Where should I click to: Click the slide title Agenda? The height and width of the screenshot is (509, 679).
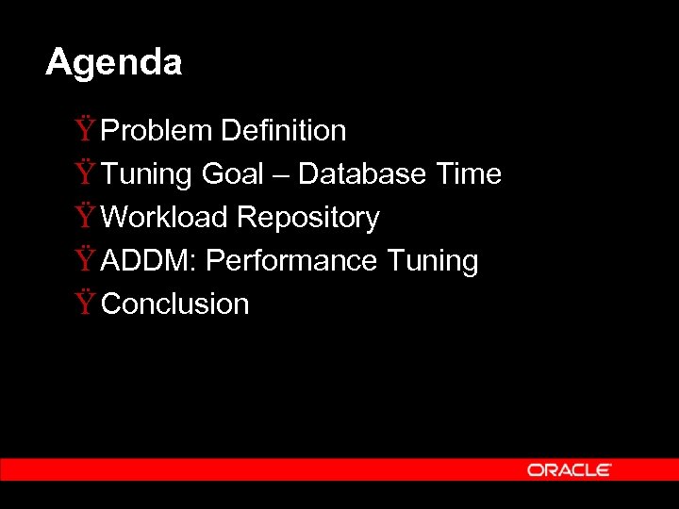click(x=113, y=63)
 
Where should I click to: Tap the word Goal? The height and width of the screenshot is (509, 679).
click(x=232, y=173)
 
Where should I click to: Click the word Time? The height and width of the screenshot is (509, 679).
click(x=469, y=173)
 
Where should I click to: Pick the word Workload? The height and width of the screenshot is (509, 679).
click(x=165, y=217)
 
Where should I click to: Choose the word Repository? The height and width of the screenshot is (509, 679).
click(x=307, y=218)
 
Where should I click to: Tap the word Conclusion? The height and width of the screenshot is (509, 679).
click(x=174, y=304)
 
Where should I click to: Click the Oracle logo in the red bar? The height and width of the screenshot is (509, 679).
click(x=570, y=469)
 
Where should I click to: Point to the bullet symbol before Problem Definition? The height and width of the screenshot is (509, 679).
click(x=86, y=129)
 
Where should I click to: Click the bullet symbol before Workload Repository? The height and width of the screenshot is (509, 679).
click(x=86, y=216)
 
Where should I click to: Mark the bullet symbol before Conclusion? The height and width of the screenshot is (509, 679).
click(x=86, y=303)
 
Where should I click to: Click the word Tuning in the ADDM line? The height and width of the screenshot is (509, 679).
click(x=433, y=261)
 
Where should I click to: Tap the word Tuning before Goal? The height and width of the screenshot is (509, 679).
click(x=146, y=174)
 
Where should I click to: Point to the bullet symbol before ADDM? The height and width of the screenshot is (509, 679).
click(x=86, y=259)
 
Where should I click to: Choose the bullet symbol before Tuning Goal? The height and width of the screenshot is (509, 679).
click(x=86, y=172)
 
